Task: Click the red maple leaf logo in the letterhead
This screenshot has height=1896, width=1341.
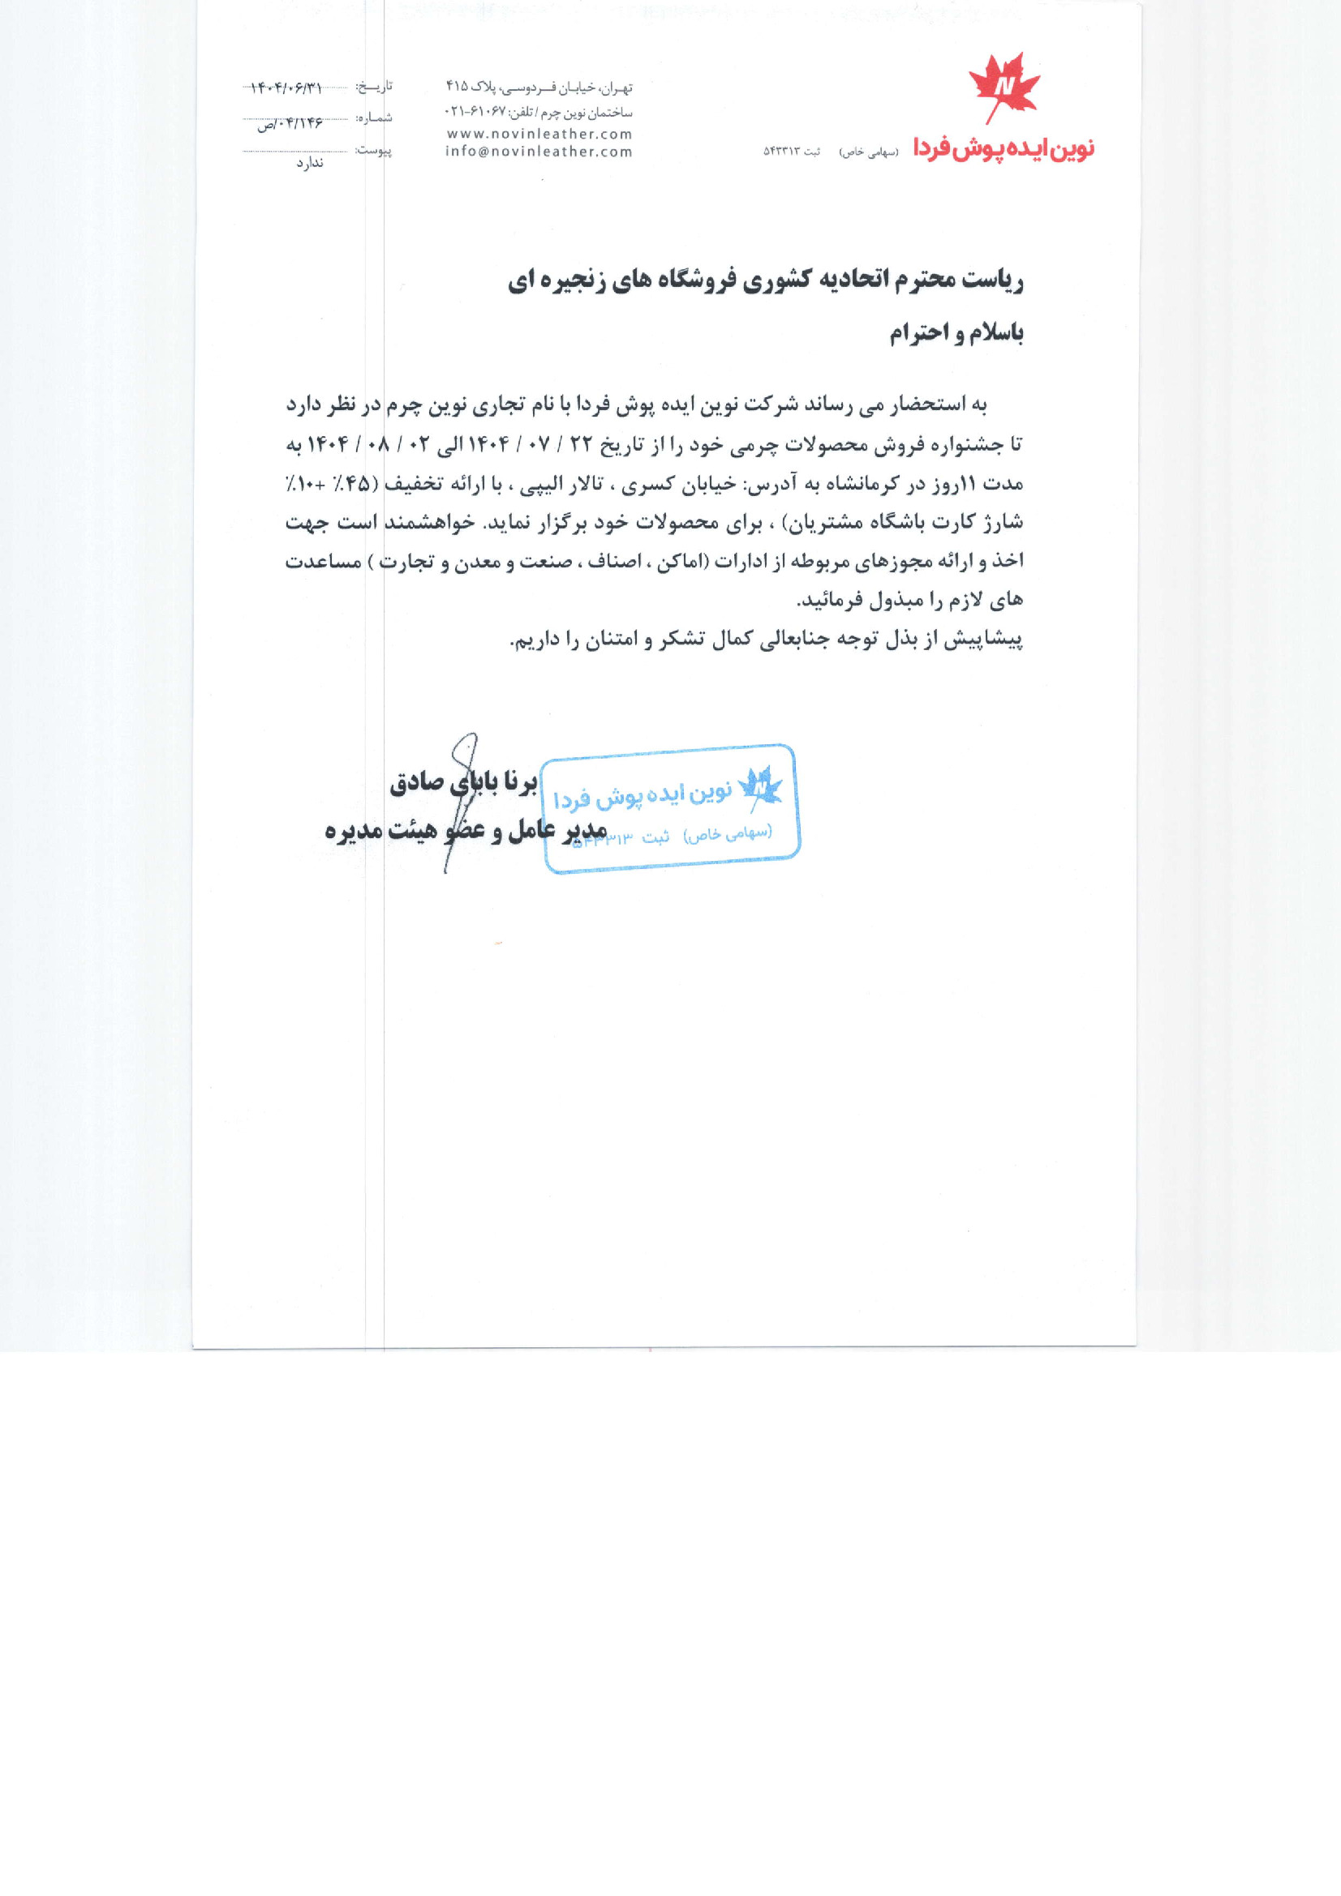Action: (x=1004, y=87)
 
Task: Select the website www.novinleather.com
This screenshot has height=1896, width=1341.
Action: (x=539, y=134)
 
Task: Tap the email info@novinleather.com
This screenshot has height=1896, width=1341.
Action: (x=539, y=152)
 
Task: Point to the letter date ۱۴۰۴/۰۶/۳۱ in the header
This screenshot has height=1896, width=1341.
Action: (x=286, y=87)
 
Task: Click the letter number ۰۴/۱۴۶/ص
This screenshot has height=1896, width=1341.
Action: (x=289, y=124)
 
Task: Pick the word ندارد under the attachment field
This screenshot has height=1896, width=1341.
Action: (x=310, y=164)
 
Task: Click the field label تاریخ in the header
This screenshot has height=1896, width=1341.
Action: (x=374, y=87)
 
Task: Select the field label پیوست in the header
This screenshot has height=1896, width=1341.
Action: (x=373, y=151)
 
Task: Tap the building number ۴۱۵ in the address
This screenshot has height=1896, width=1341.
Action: (x=458, y=86)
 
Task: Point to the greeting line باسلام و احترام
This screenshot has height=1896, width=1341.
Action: (x=956, y=334)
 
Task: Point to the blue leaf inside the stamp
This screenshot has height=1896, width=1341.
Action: (x=759, y=786)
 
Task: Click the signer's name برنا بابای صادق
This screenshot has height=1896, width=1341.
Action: (x=463, y=782)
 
